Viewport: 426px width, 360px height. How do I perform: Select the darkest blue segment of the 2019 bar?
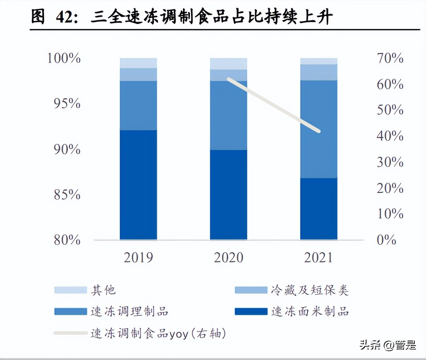pyautogui.click(x=138, y=185)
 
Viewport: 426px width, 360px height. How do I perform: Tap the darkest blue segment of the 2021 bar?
pyautogui.click(x=319, y=209)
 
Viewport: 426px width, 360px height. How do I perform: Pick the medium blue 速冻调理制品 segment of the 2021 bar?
pyautogui.click(x=319, y=129)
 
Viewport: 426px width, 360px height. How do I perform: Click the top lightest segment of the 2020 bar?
pyautogui.click(x=229, y=64)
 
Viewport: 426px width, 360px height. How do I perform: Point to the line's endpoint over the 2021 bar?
pyautogui.click(x=318, y=131)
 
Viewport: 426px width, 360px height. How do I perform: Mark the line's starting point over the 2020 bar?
pyautogui.click(x=229, y=79)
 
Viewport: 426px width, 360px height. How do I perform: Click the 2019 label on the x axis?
pyautogui.click(x=138, y=257)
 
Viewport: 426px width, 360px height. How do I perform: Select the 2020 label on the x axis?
pyautogui.click(x=229, y=257)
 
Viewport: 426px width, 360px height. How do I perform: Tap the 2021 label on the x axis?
pyautogui.click(x=318, y=257)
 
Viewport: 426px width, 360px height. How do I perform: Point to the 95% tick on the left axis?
pyautogui.click(x=67, y=103)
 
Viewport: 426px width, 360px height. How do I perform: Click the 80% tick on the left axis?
pyautogui.click(x=67, y=240)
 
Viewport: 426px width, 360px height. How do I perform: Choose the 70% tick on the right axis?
pyautogui.click(x=390, y=58)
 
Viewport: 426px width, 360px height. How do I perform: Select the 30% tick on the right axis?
pyautogui.click(x=390, y=162)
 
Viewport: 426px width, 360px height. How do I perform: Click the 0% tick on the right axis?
pyautogui.click(x=386, y=240)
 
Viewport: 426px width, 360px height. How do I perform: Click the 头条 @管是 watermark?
pyautogui.click(x=388, y=344)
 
